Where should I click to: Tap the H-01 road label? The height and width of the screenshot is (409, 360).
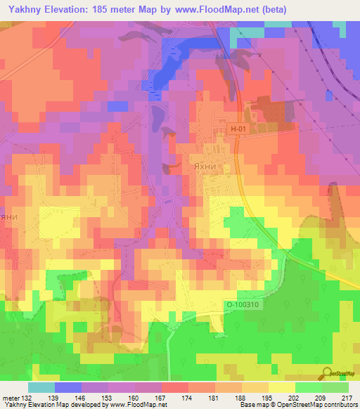coord(240,129)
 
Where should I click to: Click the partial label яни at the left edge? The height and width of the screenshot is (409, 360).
coord(8,216)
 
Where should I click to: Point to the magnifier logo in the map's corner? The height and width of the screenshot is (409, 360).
coord(328,372)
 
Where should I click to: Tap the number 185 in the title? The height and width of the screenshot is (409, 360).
coord(116,9)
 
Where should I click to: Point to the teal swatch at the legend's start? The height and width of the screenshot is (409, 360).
coord(41,387)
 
